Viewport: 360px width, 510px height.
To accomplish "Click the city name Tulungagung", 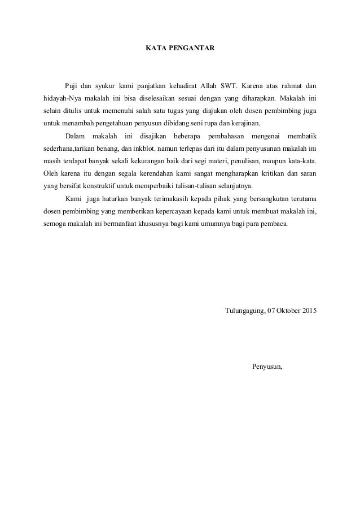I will coord(245,311).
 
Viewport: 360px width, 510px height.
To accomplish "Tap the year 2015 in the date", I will coord(309,311).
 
